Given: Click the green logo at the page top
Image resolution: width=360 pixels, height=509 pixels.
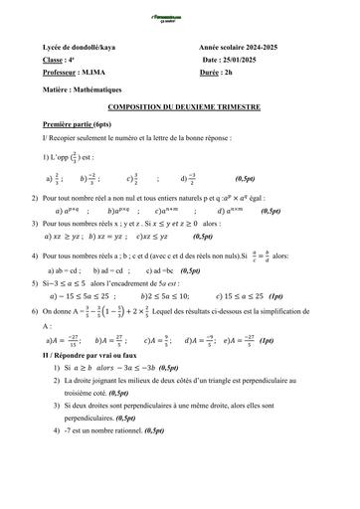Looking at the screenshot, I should tap(180, 7).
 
